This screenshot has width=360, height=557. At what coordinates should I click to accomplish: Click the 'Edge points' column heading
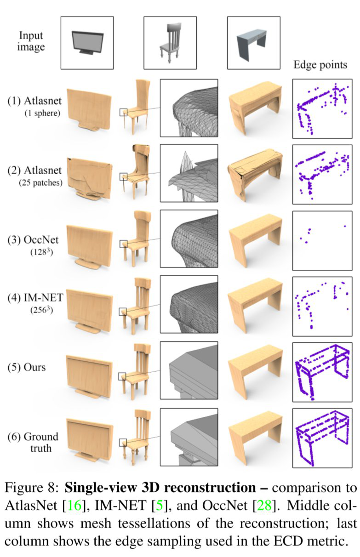point(320,65)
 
